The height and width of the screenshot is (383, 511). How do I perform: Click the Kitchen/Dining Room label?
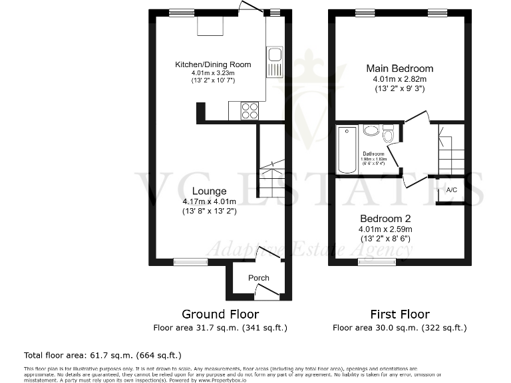coord(213,64)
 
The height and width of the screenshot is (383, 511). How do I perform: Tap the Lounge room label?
coord(209,191)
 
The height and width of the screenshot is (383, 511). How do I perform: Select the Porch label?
coord(259,278)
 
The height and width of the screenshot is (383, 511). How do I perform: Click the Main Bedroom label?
coord(400,68)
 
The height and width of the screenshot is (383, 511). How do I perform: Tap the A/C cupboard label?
coord(452,190)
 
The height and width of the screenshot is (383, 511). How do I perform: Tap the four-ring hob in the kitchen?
coord(250,110)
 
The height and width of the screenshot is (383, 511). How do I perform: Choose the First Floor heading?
coord(399,314)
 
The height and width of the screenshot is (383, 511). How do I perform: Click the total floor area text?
coord(102,355)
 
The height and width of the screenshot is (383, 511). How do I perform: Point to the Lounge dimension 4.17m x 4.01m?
coord(210,201)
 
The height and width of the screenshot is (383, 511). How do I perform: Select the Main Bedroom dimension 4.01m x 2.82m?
coord(400,79)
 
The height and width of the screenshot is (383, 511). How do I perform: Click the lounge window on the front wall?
coord(186,262)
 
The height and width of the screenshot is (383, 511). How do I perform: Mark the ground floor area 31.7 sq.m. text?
coord(220,328)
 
